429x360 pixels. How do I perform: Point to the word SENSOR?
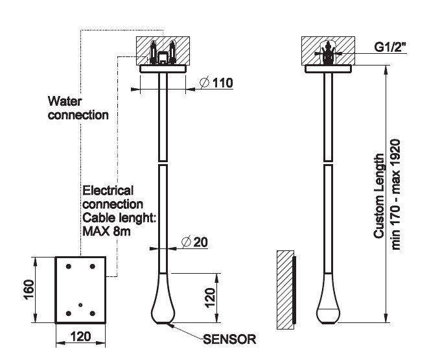230,339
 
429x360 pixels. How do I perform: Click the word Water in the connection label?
64,101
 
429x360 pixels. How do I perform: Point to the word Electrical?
108,190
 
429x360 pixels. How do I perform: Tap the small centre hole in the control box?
80,304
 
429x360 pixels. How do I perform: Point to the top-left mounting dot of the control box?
67,267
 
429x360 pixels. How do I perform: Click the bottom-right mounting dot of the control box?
93,313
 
